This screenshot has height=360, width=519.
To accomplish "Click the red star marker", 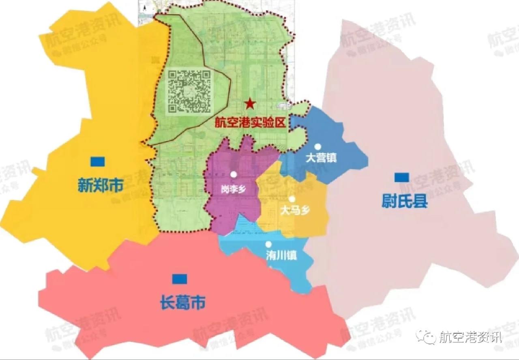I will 250,104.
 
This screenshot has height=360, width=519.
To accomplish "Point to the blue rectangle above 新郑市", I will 98,161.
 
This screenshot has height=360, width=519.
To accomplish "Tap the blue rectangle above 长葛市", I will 180,279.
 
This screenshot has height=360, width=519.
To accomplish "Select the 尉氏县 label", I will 405,201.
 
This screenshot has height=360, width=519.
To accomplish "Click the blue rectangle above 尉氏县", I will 402,177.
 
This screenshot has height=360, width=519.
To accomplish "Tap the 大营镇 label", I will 321,158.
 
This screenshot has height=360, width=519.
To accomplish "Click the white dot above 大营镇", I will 319,147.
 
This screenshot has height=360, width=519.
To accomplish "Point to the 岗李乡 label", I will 233,189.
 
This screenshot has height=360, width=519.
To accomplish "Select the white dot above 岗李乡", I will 233,174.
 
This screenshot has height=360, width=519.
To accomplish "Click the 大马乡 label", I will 295,211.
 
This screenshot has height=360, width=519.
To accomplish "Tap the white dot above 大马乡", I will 292,199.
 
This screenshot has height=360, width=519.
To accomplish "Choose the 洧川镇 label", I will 281,255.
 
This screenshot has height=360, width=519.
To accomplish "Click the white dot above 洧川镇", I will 268,244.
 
